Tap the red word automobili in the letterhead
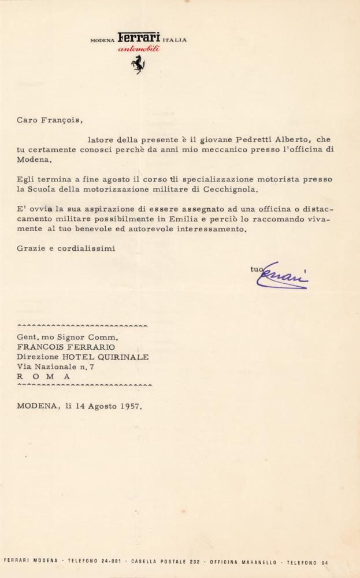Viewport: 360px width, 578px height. click(x=139, y=50)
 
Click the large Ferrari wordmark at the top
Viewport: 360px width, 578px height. click(x=139, y=38)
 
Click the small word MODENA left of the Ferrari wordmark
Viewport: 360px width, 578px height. click(x=103, y=40)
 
